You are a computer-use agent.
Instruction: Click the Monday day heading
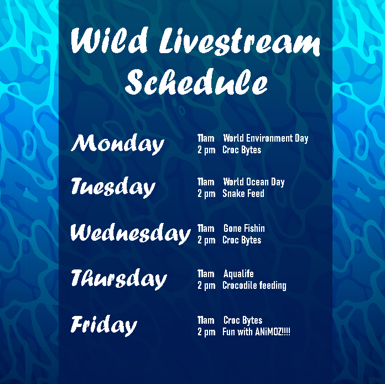pyautogui.click(x=117, y=144)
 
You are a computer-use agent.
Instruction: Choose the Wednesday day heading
pyautogui.click(x=130, y=233)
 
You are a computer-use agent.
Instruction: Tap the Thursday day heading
pyautogui.click(x=118, y=278)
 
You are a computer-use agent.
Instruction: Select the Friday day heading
pyautogui.click(x=103, y=325)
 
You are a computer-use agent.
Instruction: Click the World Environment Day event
pyautogui.click(x=266, y=138)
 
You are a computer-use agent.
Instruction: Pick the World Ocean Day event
pyautogui.click(x=253, y=182)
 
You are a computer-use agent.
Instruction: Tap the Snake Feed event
pyautogui.click(x=243, y=194)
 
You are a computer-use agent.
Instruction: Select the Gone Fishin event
pyautogui.click(x=244, y=229)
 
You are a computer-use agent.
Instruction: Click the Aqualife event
pyautogui.click(x=238, y=274)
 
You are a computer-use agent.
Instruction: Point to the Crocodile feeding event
pyautogui.click(x=254, y=286)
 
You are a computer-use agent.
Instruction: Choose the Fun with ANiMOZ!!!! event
pyautogui.click(x=256, y=332)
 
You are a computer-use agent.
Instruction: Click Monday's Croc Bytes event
pyautogui.click(x=242, y=150)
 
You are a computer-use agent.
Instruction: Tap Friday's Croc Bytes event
pyautogui.click(x=243, y=320)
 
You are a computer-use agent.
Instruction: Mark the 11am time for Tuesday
pyautogui.click(x=206, y=182)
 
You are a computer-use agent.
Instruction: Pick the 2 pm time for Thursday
pyautogui.click(x=206, y=286)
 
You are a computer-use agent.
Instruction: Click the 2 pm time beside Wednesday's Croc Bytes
pyautogui.click(x=206, y=240)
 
